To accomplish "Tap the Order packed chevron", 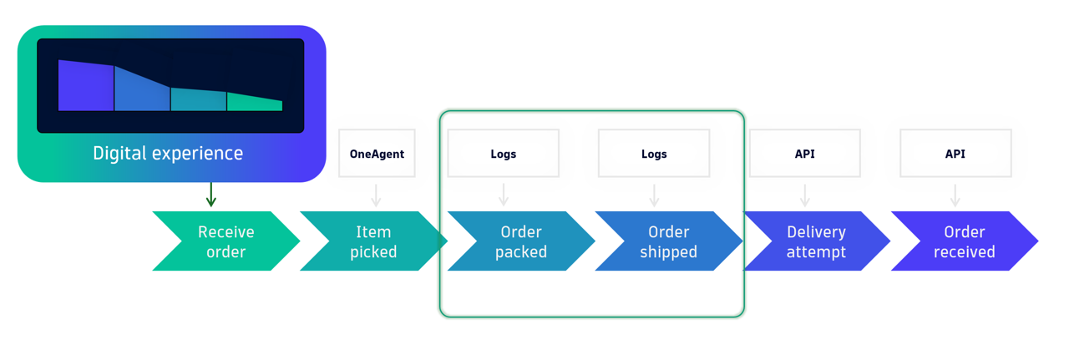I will tap(520, 241).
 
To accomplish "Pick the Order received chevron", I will tap(964, 241).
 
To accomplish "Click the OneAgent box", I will tap(377, 154).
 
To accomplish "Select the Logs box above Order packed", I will tap(504, 154).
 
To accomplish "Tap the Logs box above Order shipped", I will tap(654, 154).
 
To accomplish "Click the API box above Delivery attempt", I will tap(805, 154).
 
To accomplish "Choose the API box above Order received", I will tap(955, 154).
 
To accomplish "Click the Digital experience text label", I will tap(168, 154).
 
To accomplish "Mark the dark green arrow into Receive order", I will tap(211, 195).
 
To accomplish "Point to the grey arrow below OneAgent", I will tap(376, 195).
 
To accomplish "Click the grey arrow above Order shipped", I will tap(654, 195).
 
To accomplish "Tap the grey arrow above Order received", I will tap(955, 195).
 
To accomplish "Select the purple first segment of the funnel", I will tap(86, 86).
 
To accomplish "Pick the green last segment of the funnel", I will tap(254, 103).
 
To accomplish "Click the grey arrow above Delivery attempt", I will tap(805, 195).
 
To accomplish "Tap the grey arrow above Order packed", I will tap(504, 195).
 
